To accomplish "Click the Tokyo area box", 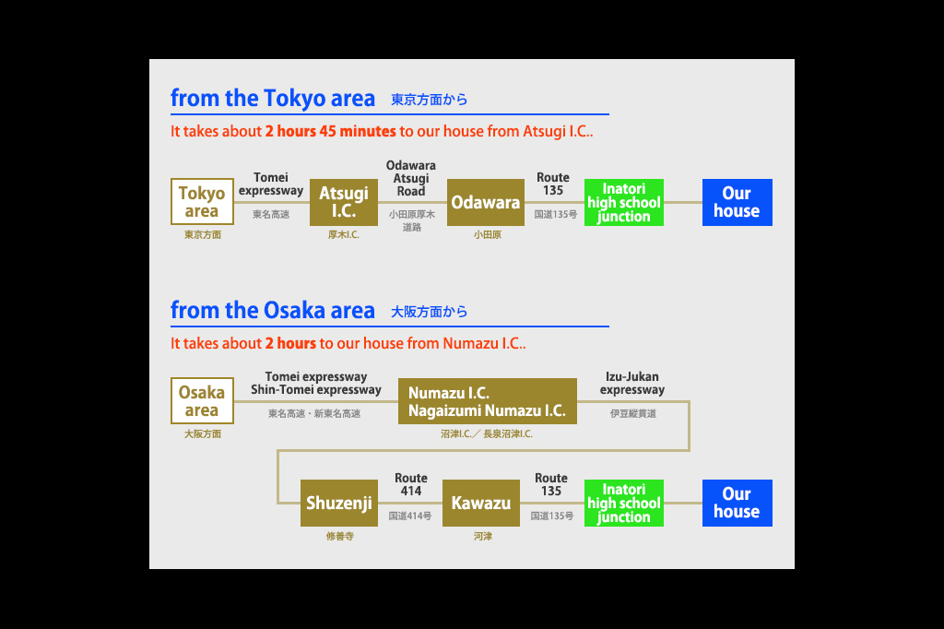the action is [202, 202].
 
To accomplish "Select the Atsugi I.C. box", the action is [344, 202].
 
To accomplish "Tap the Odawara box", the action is [486, 202].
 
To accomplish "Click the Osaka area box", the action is [202, 400].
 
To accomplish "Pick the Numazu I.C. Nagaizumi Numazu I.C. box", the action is [488, 401].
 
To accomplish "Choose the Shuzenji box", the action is [339, 503].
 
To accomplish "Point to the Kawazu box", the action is [481, 503].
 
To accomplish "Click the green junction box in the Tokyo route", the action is [624, 202].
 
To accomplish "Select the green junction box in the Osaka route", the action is [624, 503].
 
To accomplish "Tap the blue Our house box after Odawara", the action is [737, 202].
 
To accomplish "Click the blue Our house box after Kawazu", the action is [737, 503].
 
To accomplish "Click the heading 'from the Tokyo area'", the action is [273, 98].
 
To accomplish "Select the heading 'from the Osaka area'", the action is [273, 310].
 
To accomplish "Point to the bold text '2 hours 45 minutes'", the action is [331, 131].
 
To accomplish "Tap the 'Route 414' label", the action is [411, 484].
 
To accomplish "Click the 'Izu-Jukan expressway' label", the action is [632, 383].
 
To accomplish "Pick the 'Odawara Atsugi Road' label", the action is [411, 178].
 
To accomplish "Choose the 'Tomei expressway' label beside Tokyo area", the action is [271, 184].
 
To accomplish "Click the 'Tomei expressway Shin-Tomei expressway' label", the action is [316, 383].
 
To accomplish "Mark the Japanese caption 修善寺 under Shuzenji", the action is [340, 536].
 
